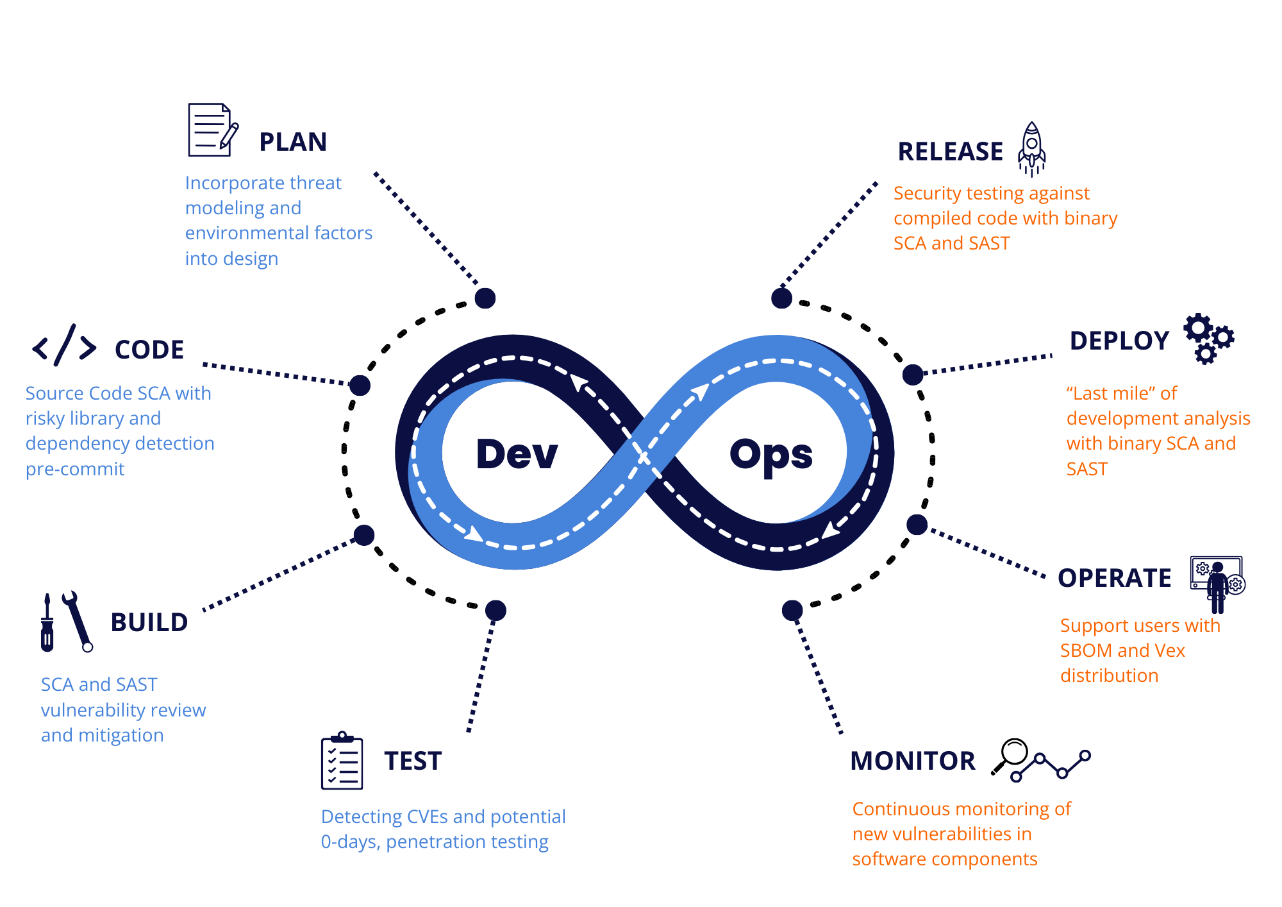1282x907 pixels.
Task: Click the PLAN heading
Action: point(293,142)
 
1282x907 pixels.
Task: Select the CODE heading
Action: point(149,350)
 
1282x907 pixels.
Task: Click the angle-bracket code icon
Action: point(65,346)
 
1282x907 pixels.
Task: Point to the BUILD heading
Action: point(149,622)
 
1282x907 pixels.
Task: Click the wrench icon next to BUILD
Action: point(78,621)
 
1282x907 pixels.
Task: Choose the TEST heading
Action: point(413,761)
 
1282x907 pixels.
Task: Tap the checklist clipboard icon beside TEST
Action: point(342,761)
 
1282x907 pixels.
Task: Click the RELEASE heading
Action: point(951,152)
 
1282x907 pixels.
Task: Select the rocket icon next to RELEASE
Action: point(1031,149)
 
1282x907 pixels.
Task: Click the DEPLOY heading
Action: point(1119,341)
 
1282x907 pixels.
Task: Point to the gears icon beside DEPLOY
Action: point(1208,338)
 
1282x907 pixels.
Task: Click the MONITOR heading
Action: point(913,761)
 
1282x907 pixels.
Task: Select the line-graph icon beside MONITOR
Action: point(1050,766)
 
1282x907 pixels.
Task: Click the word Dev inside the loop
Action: point(517,454)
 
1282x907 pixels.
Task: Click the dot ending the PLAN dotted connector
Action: point(485,298)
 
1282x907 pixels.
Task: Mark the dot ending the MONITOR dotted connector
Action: point(792,610)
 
